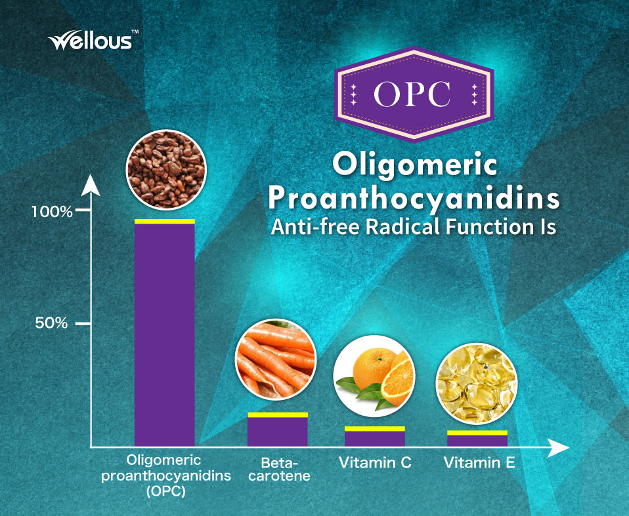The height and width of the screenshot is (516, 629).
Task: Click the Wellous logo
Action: click(93, 40)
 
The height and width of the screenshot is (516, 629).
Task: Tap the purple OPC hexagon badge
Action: click(414, 94)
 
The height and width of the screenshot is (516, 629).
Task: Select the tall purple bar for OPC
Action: click(164, 332)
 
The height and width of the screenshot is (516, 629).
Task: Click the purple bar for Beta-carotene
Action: click(278, 429)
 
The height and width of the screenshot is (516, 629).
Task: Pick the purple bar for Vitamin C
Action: click(375, 436)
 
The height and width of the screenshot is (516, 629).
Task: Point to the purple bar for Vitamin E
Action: click(477, 438)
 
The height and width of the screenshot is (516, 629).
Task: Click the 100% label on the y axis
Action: click(52, 212)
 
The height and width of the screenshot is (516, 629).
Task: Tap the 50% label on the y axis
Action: click(51, 323)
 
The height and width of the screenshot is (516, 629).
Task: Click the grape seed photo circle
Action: click(166, 169)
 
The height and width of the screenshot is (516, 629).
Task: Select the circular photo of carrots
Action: click(276, 360)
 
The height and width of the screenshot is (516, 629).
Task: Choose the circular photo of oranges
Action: click(374, 376)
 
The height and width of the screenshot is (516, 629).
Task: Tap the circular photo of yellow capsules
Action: click(477, 384)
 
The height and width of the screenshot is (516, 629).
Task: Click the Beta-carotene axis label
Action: click(279, 469)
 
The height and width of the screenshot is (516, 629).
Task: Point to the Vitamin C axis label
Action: click(375, 463)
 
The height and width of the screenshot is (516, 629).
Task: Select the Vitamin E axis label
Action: click(479, 463)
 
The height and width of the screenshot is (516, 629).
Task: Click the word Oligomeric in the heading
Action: click(415, 166)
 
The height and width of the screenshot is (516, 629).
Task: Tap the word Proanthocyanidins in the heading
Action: click(414, 199)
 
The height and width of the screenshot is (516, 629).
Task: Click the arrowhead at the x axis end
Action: click(558, 447)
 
